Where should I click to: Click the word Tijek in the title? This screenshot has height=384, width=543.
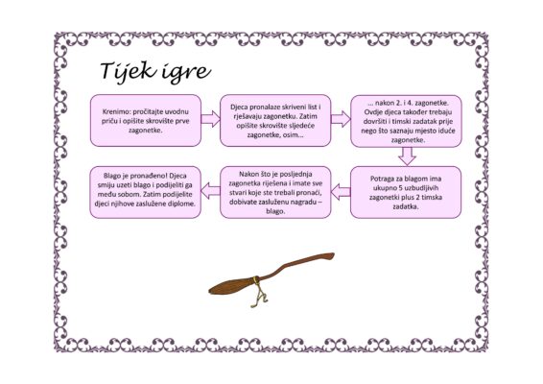(128, 71)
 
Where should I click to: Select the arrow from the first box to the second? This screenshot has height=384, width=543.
(210, 119)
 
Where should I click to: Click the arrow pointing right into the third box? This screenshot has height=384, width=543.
(341, 119)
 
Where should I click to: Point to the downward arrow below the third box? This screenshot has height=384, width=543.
(407, 156)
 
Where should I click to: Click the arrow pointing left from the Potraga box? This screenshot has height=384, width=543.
(341, 191)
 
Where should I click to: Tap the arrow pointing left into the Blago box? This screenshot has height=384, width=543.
(210, 191)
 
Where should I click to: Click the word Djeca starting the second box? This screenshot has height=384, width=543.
(239, 107)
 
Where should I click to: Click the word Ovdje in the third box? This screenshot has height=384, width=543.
(373, 112)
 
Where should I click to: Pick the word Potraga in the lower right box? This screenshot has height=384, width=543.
(383, 179)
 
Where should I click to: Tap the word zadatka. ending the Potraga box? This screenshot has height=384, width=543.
(406, 206)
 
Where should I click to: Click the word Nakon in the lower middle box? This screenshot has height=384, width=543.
(248, 174)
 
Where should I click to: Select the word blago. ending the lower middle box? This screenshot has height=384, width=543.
(275, 211)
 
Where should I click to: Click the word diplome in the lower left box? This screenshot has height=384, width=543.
(181, 204)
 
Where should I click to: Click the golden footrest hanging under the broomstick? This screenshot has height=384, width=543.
(258, 297)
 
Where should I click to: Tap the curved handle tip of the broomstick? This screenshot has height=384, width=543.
(329, 256)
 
